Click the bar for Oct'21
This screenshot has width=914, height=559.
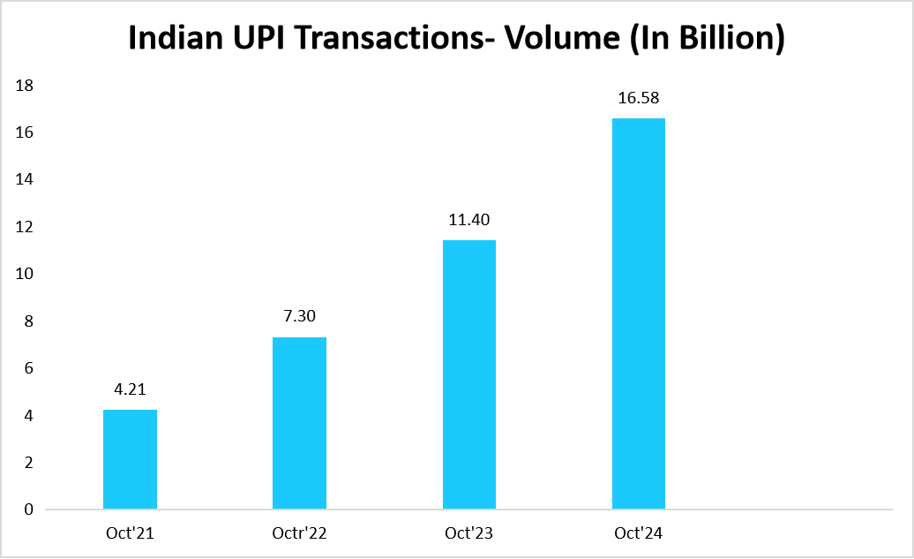click(x=130, y=459)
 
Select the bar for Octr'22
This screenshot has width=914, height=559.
click(x=300, y=423)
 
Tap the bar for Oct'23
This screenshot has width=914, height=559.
click(x=469, y=374)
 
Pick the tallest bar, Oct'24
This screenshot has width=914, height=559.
click(x=639, y=313)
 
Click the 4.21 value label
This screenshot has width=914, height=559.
click(x=130, y=388)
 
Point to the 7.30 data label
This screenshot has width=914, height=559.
click(x=300, y=315)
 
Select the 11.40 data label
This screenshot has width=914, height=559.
click(x=469, y=218)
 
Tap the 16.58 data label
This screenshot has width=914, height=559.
click(x=639, y=97)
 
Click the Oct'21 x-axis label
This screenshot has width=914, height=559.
click(x=130, y=533)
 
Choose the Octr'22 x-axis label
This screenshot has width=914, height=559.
click(x=300, y=533)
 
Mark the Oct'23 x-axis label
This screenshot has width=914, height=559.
click(x=469, y=533)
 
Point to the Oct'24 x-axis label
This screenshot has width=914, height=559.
click(x=639, y=533)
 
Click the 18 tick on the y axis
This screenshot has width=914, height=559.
click(x=25, y=86)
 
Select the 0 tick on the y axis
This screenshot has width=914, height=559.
click(x=29, y=510)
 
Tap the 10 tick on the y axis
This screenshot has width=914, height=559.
click(x=25, y=274)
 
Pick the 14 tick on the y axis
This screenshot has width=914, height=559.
click(x=25, y=180)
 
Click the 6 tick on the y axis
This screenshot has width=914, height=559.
click(x=29, y=368)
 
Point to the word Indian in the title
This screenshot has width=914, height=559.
click(x=172, y=40)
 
